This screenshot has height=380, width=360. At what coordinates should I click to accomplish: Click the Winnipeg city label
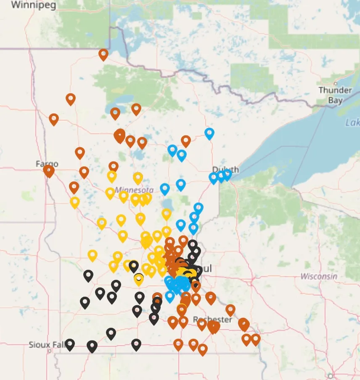(x=28, y=5)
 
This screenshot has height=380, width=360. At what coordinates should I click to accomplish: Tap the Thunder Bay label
(x=335, y=95)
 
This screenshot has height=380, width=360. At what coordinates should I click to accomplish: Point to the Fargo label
(x=47, y=164)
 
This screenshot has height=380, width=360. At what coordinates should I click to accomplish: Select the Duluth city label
(x=225, y=169)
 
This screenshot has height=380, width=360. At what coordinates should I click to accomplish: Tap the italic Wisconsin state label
(x=319, y=276)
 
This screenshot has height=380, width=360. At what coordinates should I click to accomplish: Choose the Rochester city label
(x=212, y=319)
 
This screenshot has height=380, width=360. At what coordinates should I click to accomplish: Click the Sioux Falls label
(x=45, y=345)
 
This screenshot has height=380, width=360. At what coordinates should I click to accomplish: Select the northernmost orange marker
(x=103, y=54)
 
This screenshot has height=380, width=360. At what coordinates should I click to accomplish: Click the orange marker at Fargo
(x=49, y=170)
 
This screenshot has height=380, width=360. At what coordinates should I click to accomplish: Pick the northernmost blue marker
(x=209, y=133)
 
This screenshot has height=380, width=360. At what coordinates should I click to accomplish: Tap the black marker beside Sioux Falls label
(x=70, y=344)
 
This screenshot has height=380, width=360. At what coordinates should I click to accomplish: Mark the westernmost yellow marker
(x=75, y=202)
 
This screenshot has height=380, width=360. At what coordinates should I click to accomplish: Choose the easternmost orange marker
(x=255, y=339)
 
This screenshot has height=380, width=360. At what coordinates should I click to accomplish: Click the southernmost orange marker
(x=203, y=349)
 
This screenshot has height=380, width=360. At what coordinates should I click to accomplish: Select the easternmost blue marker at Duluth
(x=227, y=174)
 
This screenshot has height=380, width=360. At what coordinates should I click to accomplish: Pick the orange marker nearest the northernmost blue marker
(x=186, y=141)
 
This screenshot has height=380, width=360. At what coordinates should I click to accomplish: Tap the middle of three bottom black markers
(x=92, y=346)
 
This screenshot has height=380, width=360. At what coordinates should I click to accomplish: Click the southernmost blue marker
(x=169, y=296)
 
